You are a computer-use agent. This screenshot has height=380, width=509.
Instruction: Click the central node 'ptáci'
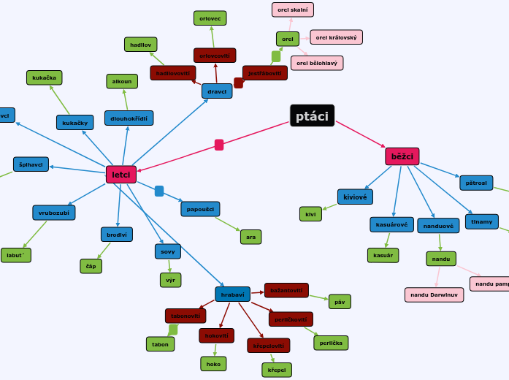tap(312, 115)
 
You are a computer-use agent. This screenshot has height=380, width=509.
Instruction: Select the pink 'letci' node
tap(121, 174)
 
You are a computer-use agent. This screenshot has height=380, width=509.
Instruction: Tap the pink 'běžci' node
tap(402, 156)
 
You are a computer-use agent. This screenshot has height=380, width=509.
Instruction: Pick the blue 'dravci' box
tap(217, 91)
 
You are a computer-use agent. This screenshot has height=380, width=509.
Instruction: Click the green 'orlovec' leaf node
tap(210, 18)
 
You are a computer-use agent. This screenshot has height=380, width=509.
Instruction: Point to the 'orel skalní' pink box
tap(293, 9)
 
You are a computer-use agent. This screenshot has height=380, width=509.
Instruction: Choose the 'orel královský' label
tap(336, 37)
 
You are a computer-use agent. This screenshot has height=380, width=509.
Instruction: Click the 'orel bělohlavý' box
tap(317, 64)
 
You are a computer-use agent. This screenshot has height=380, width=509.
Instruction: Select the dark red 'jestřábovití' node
tap(264, 73)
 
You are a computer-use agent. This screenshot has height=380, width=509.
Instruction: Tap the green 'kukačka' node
tap(45, 77)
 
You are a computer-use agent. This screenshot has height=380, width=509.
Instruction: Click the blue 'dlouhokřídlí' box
tap(129, 118)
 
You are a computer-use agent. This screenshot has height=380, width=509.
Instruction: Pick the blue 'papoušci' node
tap(200, 209)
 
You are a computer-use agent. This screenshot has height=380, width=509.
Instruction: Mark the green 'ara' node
tap(250, 237)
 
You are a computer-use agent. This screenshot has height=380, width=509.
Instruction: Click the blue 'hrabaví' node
tap(232, 294)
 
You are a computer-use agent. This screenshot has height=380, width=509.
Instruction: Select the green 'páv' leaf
tap(340, 301)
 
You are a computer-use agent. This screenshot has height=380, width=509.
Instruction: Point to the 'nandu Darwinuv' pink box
tap(434, 294)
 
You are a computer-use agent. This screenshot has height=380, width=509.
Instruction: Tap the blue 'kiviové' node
tap(355, 197)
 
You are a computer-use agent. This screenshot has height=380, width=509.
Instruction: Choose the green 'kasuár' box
tap(383, 255)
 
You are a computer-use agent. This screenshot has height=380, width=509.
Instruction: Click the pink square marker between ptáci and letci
tap(219, 145)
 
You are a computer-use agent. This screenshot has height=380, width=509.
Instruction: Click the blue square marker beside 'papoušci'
tap(159, 191)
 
